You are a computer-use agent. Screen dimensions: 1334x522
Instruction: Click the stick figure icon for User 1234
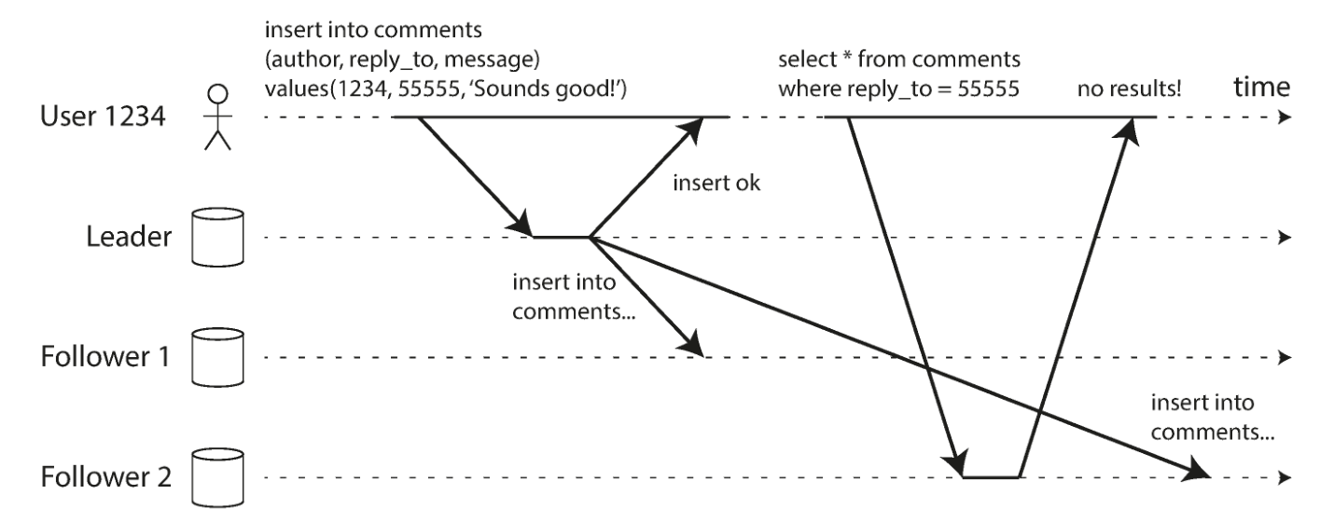point(217,117)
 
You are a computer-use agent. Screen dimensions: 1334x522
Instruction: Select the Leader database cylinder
point(217,237)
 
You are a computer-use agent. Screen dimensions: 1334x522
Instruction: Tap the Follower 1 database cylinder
point(217,357)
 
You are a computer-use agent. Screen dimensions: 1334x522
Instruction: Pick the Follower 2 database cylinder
point(217,477)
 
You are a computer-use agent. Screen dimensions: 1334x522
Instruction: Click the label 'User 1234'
point(103,117)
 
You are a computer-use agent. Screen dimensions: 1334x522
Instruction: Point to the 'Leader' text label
point(129,237)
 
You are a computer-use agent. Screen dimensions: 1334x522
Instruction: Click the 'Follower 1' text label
point(105,356)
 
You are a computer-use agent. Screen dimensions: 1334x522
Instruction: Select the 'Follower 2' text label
point(106,476)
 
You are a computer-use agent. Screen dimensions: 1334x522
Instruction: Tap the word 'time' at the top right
point(1261,87)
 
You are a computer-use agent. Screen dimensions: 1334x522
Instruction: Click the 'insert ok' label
point(716,183)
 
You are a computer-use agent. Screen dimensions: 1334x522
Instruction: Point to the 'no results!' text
point(1129,89)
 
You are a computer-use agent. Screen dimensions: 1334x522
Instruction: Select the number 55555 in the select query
point(989,89)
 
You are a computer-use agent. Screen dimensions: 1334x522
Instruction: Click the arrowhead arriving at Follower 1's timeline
point(691,343)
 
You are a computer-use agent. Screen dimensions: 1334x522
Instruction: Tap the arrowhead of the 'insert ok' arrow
point(691,130)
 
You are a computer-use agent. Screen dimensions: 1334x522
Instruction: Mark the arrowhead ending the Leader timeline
point(1285,238)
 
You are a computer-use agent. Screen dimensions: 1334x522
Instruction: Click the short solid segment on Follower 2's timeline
point(991,476)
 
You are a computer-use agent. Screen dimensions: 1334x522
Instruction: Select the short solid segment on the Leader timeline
point(562,237)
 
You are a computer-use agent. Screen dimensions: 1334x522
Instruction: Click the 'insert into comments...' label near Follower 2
point(1213,418)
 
